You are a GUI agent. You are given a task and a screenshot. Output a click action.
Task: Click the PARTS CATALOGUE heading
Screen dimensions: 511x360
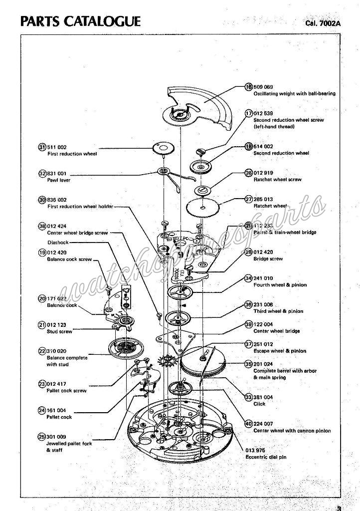coord(80,21)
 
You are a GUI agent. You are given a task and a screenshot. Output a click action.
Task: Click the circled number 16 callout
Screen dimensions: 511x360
coord(249,87)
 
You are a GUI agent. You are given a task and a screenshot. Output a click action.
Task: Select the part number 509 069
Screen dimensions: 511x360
coord(263,87)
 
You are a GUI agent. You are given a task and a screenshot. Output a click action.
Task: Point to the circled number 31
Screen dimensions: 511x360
coord(42,147)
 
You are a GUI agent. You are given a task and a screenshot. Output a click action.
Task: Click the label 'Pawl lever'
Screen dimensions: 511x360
coord(58,180)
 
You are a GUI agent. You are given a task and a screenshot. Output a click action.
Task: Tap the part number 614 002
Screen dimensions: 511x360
coord(263,147)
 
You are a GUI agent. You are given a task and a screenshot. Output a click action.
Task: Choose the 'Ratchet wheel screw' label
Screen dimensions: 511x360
coord(277,180)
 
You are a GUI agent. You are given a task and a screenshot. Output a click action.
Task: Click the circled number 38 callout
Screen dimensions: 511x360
coord(42,226)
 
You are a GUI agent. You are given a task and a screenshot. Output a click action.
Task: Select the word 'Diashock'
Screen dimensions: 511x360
coord(58,243)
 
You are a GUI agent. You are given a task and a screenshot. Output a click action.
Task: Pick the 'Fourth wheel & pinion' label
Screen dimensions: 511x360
coord(280,285)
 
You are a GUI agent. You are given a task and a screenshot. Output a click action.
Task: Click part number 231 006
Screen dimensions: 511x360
coord(263,304)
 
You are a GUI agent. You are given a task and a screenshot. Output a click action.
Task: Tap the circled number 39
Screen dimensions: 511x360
coord(249,324)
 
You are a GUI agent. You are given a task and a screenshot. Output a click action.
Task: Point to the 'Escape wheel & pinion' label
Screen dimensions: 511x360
coord(280,351)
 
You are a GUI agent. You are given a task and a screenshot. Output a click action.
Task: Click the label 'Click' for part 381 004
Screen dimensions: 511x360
coord(259,404)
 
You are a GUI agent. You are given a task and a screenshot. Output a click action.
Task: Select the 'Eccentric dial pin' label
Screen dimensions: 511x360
coord(265,457)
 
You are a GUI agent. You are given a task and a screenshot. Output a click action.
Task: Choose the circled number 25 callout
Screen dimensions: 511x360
coord(42,437)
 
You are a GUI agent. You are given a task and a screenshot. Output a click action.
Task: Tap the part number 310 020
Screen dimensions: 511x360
coord(56,351)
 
